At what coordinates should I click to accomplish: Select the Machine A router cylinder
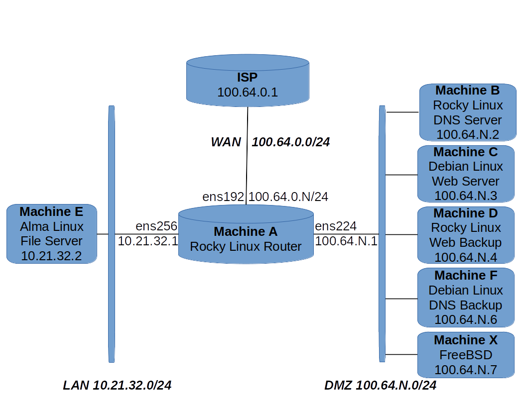pyautogui.click(x=246, y=239)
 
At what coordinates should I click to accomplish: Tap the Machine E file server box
pyautogui.click(x=52, y=234)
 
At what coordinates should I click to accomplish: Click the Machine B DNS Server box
pyautogui.click(x=468, y=112)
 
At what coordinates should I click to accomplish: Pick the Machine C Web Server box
pyautogui.click(x=466, y=174)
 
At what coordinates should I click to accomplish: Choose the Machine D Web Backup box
pyautogui.click(x=466, y=235)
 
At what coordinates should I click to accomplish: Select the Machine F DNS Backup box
pyautogui.click(x=466, y=298)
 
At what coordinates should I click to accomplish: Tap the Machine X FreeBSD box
pyautogui.click(x=466, y=355)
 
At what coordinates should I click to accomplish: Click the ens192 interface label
pyautogui.click(x=223, y=197)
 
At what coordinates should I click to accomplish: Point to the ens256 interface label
pyautogui.click(x=156, y=226)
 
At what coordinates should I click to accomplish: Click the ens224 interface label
pyautogui.click(x=336, y=226)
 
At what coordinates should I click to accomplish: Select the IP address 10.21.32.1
pyautogui.click(x=147, y=241)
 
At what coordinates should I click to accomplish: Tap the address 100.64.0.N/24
pyautogui.click(x=288, y=197)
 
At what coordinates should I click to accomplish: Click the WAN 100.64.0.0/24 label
pyautogui.click(x=270, y=142)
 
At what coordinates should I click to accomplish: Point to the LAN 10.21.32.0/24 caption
pyautogui.click(x=117, y=385)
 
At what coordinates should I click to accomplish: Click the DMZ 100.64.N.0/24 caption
pyautogui.click(x=381, y=385)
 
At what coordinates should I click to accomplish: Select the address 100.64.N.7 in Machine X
pyautogui.click(x=466, y=370)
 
